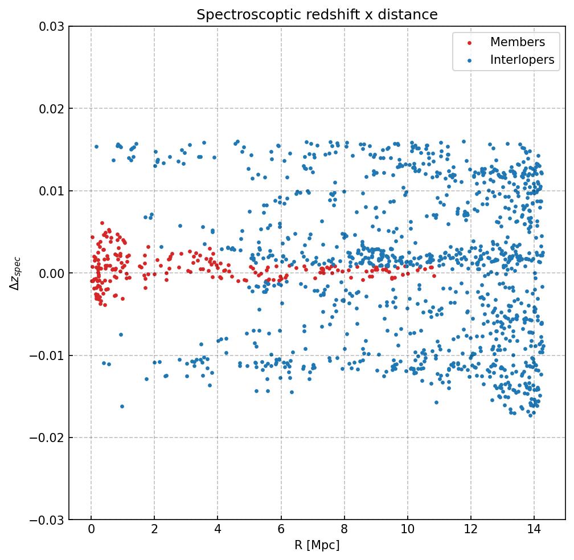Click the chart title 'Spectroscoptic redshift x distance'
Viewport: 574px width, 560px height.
317,15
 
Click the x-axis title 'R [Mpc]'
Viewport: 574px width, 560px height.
317,545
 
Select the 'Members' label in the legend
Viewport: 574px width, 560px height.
517,42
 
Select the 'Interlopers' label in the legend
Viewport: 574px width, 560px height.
522,60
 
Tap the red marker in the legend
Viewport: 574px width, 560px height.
468,43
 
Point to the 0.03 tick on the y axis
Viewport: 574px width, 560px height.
51,26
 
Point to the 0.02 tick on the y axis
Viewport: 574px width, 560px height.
51,109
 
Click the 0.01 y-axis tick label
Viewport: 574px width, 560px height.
51,191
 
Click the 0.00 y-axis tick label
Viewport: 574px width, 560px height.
51,273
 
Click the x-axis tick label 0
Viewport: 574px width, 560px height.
91,531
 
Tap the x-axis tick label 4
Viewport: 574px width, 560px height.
218,531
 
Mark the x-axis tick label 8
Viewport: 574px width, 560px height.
344,531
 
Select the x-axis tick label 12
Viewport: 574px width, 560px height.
470,531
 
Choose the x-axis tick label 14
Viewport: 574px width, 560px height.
534,531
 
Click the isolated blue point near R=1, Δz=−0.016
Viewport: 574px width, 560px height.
122,406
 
